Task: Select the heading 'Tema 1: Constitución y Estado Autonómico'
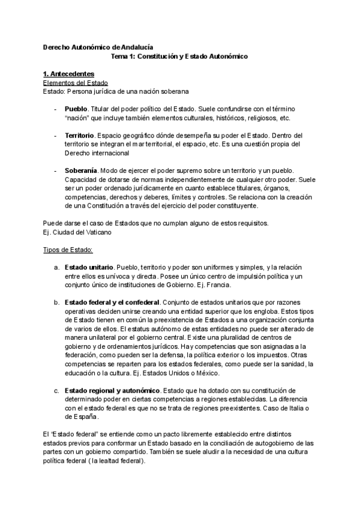180,56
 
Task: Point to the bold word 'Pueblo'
76,111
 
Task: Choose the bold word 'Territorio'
79,136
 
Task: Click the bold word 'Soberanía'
81,172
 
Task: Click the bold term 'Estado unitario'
89,266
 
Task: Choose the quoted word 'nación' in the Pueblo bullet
75,119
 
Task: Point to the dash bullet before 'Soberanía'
55,172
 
